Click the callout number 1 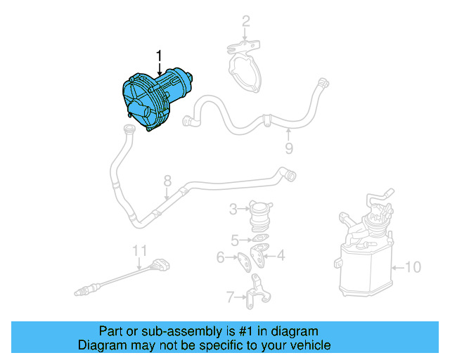click(160, 55)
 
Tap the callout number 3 click(233, 209)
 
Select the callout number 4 click(281, 255)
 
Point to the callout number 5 click(235, 239)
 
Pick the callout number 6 click(221, 258)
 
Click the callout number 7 click(230, 297)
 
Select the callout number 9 click(288, 148)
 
